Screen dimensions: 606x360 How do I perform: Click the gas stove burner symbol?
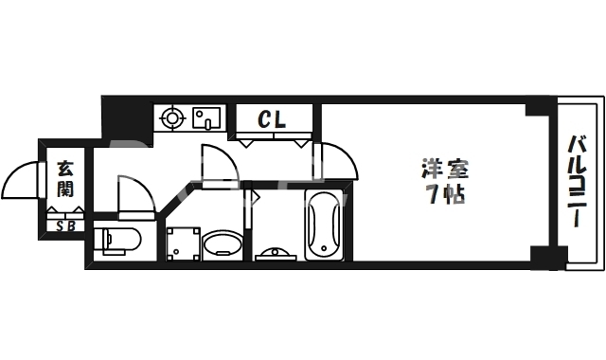[172, 118]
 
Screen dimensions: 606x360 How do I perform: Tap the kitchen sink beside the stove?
[205, 118]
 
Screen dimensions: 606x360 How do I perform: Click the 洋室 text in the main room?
[445, 170]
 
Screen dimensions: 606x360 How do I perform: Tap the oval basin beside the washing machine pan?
[223, 243]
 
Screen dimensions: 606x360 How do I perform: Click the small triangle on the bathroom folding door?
[253, 198]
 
